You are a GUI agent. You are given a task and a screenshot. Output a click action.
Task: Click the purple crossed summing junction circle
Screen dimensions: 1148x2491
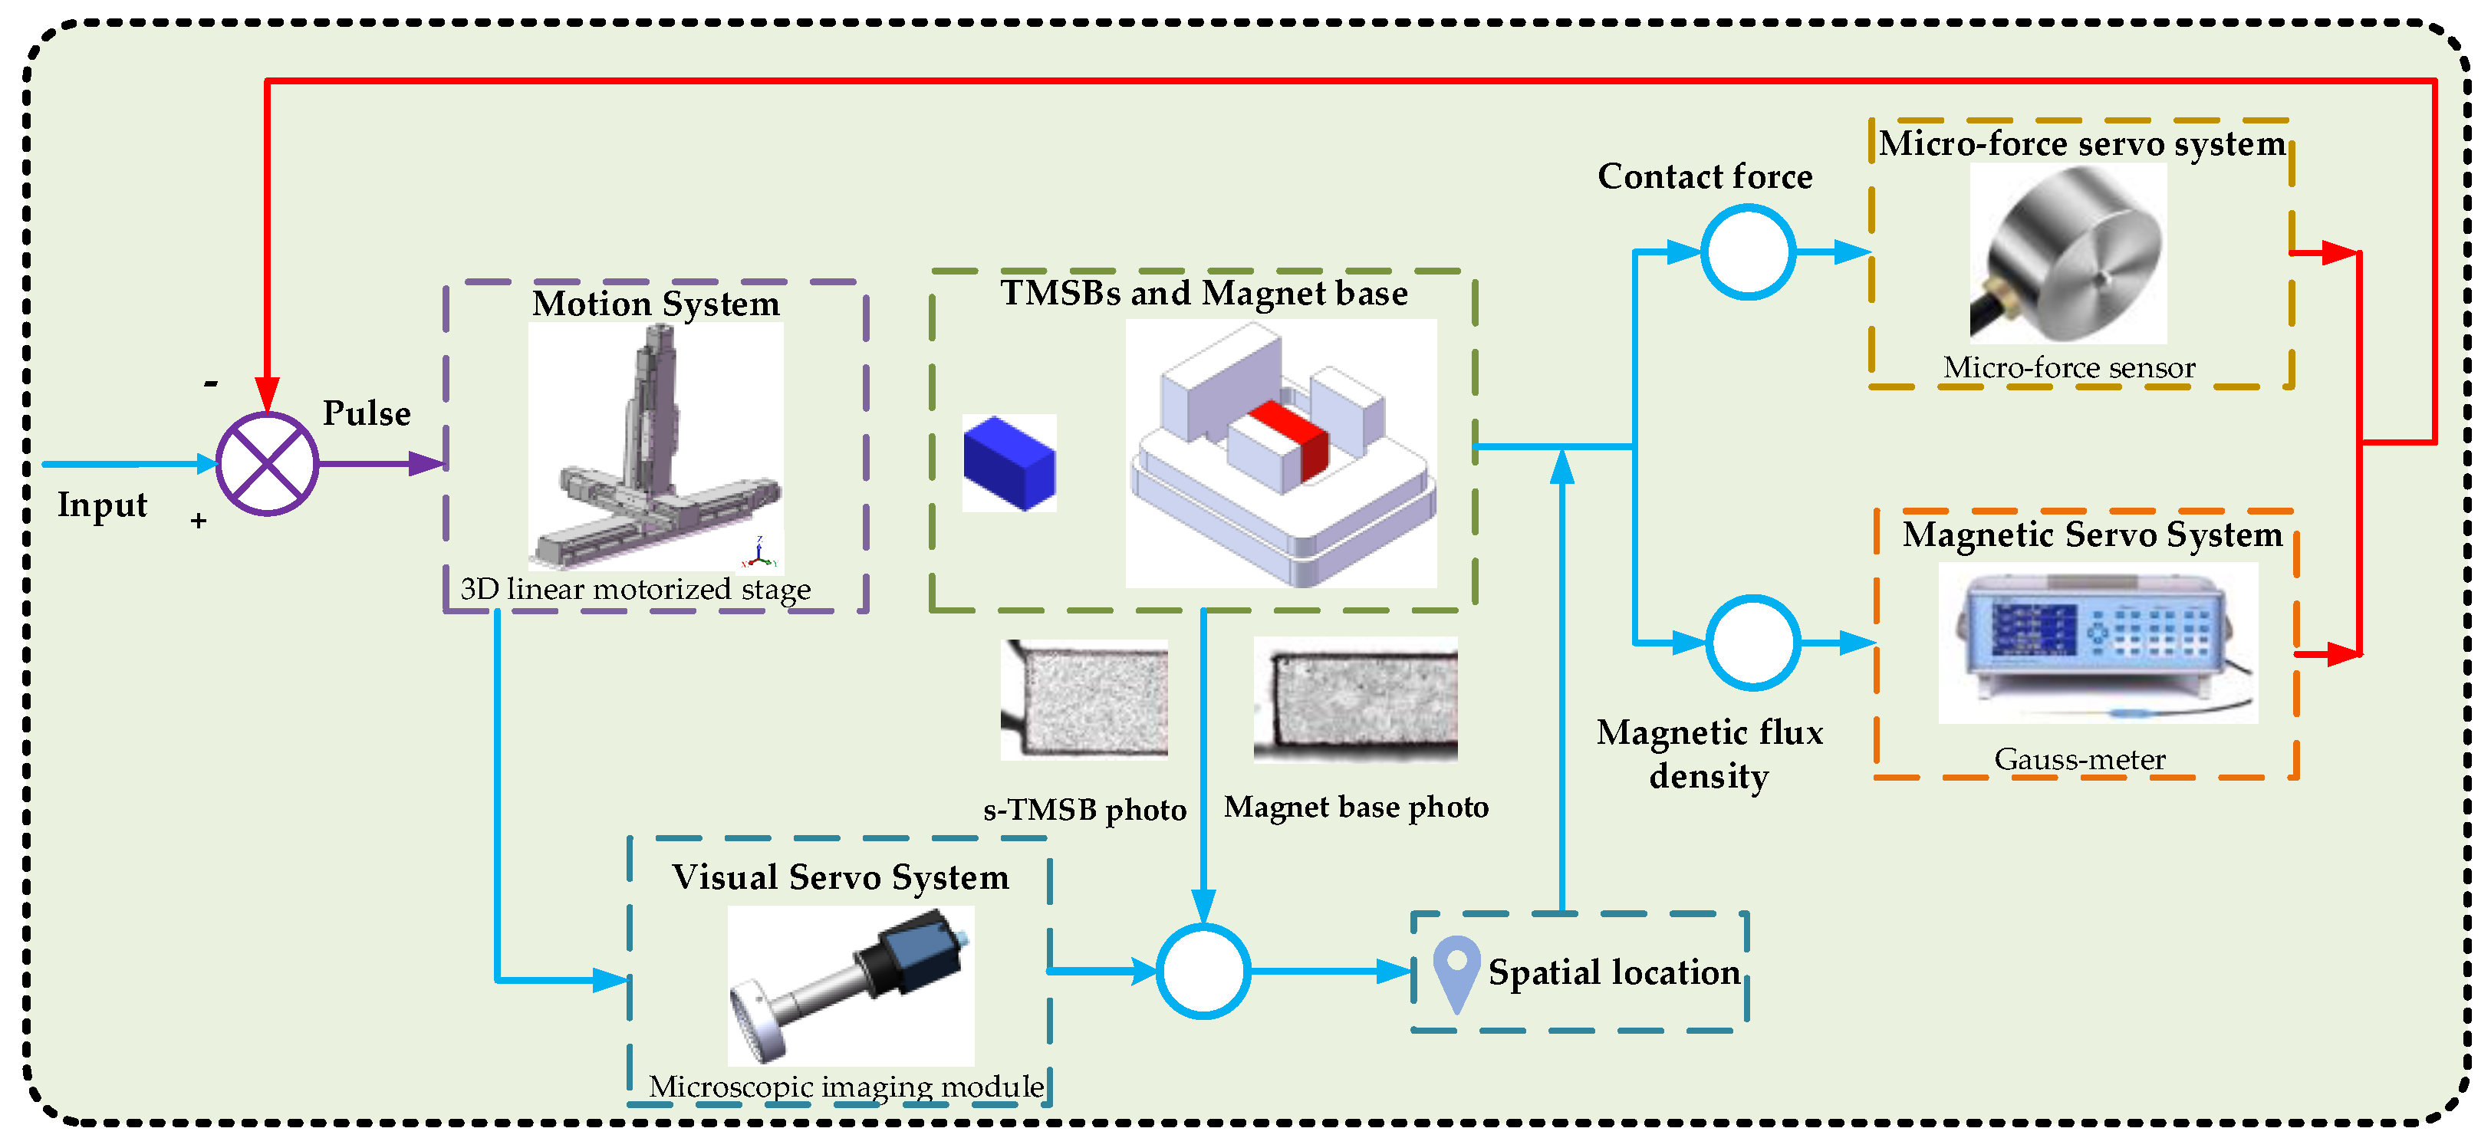pos(267,464)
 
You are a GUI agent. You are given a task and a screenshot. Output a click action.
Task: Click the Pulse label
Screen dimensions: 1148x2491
pos(367,413)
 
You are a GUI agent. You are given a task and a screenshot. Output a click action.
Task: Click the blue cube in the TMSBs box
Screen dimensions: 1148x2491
pos(1009,462)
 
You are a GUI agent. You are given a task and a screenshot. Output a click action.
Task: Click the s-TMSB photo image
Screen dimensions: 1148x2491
pos(1084,699)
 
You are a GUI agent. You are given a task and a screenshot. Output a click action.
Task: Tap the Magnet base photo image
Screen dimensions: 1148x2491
pos(1354,699)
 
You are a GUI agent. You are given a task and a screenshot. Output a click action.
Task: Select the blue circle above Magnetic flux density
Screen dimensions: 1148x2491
pos(1751,642)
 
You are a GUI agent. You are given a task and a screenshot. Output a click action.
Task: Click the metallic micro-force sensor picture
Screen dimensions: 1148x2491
pos(2068,253)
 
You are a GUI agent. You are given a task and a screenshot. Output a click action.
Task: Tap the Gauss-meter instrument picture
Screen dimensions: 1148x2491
pos(2098,642)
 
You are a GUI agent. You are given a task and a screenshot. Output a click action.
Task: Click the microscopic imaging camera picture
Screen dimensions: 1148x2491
pos(850,985)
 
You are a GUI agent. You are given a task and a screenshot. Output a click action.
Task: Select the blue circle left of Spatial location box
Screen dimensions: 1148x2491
pos(1203,971)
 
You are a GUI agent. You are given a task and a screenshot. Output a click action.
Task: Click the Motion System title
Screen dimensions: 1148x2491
pos(656,304)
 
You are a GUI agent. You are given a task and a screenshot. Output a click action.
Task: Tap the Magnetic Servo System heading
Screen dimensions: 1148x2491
pos(2091,534)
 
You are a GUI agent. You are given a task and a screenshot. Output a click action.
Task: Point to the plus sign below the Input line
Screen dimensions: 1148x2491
pos(198,521)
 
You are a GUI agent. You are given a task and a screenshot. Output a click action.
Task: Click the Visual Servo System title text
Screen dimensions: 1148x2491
pos(841,877)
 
